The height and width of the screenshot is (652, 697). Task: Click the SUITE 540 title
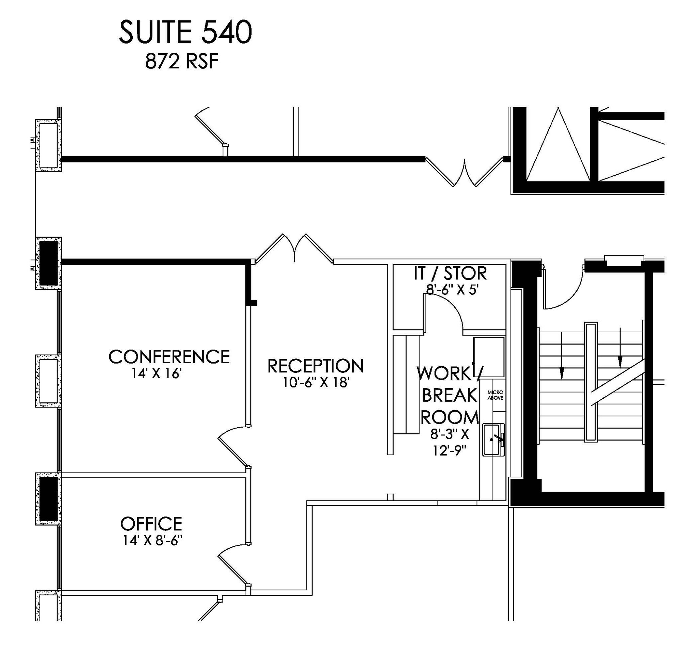tap(185, 32)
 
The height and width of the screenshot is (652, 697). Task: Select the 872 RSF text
tap(182, 62)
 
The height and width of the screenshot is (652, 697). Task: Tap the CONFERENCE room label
tap(169, 357)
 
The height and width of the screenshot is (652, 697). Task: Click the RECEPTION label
tap(315, 366)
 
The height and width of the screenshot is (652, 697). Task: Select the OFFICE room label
tap(151, 524)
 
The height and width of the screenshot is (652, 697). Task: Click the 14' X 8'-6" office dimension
tap(153, 541)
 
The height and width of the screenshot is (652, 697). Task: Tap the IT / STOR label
tap(450, 273)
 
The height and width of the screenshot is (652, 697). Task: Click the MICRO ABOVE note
tap(495, 395)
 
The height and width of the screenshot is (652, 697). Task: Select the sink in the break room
tap(493, 440)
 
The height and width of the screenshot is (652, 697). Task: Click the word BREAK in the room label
tap(450, 395)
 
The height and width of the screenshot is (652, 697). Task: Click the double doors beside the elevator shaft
tap(465, 174)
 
